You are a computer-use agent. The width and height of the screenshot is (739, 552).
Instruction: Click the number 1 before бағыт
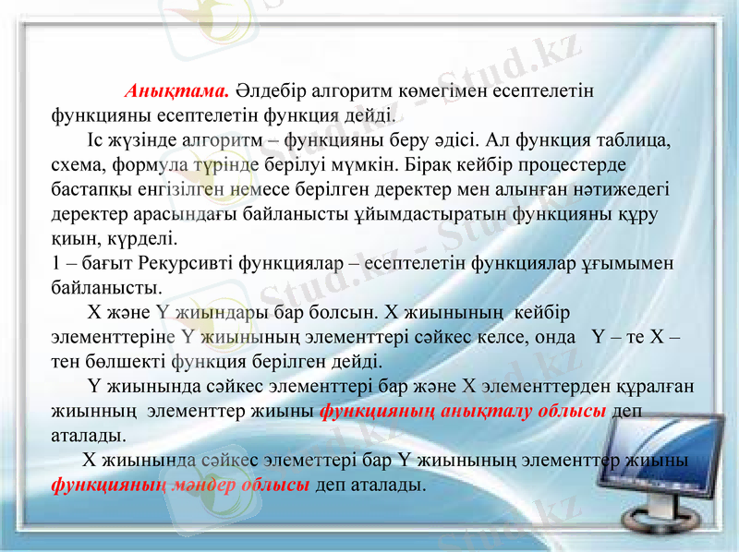coord(55,263)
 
